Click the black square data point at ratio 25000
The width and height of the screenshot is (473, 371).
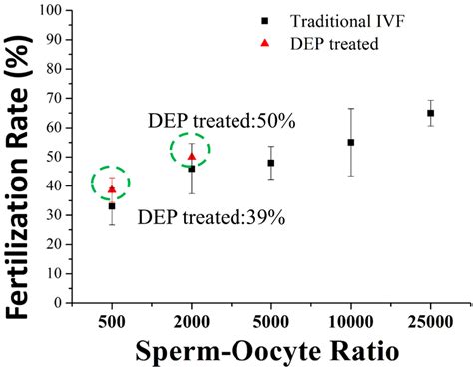430,114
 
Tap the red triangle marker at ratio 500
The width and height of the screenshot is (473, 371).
112,189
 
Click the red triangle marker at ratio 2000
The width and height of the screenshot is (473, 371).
192,156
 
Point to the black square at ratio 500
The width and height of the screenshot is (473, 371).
112,205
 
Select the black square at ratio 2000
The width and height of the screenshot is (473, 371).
192,169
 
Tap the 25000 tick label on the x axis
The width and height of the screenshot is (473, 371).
430,322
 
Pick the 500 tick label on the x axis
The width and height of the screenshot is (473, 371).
112,322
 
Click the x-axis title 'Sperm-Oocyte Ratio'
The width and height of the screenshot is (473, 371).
269,352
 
